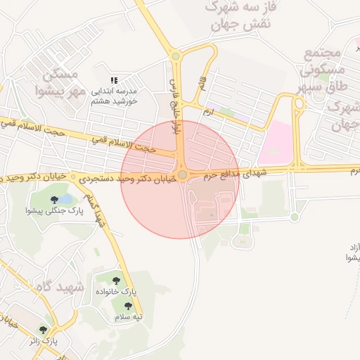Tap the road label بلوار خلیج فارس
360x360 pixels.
pos(173,106)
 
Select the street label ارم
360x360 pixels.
pos(207,112)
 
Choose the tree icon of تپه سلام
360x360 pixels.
pos(128,306)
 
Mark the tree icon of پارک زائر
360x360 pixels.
pos(44,329)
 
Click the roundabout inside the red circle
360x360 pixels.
pos(182,174)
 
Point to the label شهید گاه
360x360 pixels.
pos(63,288)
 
